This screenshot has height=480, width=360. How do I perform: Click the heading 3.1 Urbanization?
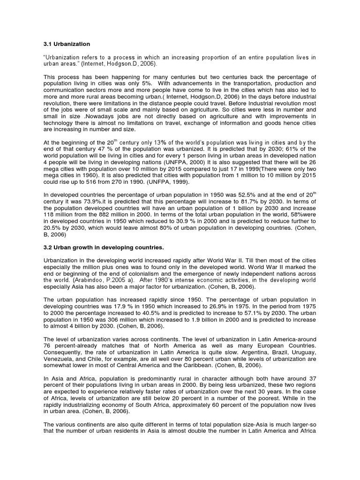coord(67,44)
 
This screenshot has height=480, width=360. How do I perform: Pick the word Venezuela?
coord(58,358)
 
